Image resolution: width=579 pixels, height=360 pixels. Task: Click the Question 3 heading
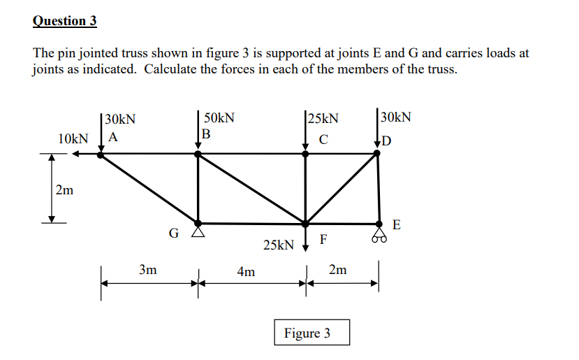click(x=64, y=20)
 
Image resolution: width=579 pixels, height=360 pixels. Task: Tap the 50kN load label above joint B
click(x=219, y=118)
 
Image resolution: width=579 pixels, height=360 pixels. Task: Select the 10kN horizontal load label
click(x=73, y=138)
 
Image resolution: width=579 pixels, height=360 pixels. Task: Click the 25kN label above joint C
click(x=323, y=118)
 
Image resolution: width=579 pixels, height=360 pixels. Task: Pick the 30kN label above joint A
click(x=119, y=119)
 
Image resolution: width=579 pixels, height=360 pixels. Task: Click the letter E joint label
click(x=397, y=224)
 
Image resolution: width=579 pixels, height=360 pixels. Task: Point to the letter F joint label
click(x=323, y=240)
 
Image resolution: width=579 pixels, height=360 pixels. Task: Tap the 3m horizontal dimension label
click(x=147, y=269)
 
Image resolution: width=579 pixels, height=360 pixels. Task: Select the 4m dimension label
click(x=246, y=271)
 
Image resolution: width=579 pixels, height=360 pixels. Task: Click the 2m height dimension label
click(x=65, y=189)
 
